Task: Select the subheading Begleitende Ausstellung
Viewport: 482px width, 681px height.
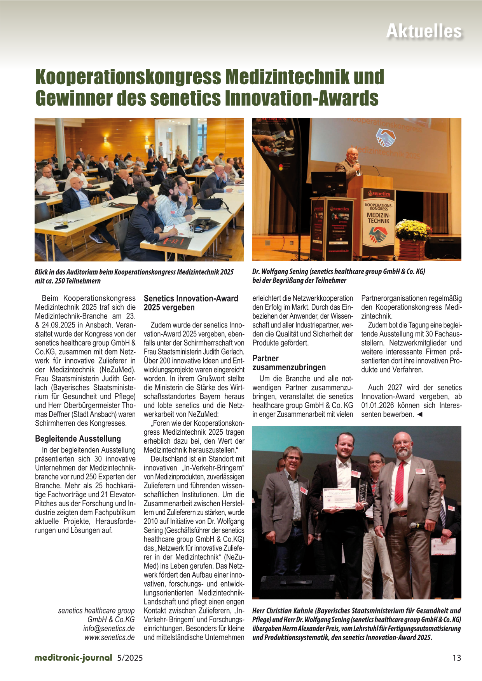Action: [x=78, y=439]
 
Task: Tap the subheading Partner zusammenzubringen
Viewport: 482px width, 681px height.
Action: [x=289, y=363]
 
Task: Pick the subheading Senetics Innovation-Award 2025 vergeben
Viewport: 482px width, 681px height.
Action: [x=190, y=303]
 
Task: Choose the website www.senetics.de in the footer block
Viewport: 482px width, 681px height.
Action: [x=109, y=637]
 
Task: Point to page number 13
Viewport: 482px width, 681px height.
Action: [x=456, y=658]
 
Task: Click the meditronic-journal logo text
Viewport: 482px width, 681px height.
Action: [x=73, y=658]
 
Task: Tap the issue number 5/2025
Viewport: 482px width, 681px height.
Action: [x=130, y=658]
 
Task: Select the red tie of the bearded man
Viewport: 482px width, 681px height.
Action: [x=400, y=482]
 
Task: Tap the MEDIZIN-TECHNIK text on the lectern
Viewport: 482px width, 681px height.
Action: [x=378, y=218]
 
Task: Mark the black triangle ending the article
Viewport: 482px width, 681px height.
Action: [x=419, y=415]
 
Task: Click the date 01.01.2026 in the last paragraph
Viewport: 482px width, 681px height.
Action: [x=377, y=406]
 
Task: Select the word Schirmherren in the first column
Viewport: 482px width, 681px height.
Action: [x=53, y=423]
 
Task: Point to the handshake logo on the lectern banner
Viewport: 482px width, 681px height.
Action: [x=378, y=235]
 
